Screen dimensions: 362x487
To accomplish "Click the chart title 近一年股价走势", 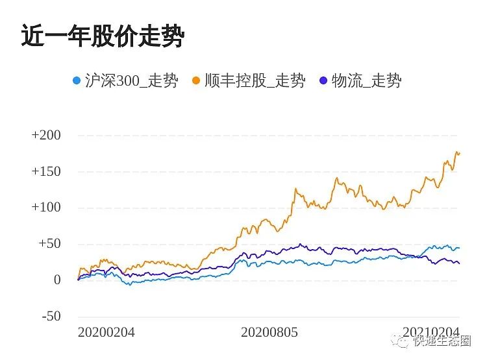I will [x=103, y=36].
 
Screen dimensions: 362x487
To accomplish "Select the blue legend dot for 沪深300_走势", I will [x=77, y=81].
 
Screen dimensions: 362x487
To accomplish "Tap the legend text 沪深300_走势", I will [x=131, y=81].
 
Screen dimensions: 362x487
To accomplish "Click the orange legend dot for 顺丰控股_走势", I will [x=195, y=81].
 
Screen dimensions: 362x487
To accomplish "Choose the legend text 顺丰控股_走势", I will [x=255, y=81].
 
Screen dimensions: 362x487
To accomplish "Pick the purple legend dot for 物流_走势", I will [x=323, y=81].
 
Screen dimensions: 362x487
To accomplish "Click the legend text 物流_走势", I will [x=366, y=81].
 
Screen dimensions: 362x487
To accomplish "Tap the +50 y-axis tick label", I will [x=49, y=244].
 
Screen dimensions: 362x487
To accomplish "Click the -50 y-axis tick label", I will [x=50, y=317].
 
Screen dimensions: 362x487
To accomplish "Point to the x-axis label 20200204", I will [x=106, y=332].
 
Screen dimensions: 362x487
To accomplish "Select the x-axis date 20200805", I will [x=269, y=332].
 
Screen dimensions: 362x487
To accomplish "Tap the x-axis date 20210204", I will [x=431, y=332].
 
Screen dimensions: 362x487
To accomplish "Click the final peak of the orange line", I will [x=456, y=152].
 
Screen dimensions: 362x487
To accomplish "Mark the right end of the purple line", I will [x=459, y=263].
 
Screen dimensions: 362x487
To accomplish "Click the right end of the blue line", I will [x=459, y=248].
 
